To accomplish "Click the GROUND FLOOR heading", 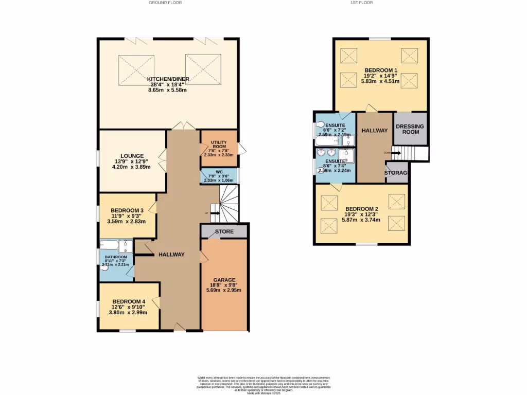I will [x=165, y=3].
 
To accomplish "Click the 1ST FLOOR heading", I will [x=362, y=3].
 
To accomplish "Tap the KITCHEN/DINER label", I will [x=168, y=79].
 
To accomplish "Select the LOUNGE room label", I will [x=132, y=156].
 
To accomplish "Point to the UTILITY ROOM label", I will [x=219, y=144].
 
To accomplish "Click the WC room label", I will [x=219, y=172].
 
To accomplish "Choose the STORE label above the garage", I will [x=224, y=231].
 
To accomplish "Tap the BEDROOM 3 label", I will [x=127, y=210].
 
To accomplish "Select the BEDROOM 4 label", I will [x=129, y=301].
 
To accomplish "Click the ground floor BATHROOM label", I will [x=116, y=257].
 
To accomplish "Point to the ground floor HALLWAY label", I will [x=171, y=255].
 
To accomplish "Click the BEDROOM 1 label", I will [x=381, y=70].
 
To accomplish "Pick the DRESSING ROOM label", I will [x=410, y=129].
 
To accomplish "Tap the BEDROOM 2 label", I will [x=362, y=208].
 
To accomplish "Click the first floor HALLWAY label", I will [x=374, y=131].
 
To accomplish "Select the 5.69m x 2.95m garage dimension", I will [x=224, y=290].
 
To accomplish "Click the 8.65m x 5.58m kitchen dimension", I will [x=167, y=90].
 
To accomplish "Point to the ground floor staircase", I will [x=229, y=203].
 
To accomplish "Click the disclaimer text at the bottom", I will [x=263, y=385].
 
